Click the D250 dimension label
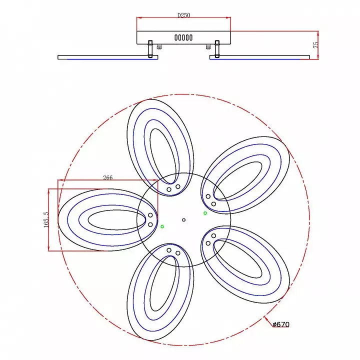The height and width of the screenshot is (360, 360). [183, 15]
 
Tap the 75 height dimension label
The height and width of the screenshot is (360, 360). [315, 45]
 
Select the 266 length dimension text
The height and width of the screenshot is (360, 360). [107, 177]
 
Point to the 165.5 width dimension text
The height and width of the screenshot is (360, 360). [46, 219]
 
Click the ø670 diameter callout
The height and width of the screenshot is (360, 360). [281, 324]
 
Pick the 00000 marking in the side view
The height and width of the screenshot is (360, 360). [183, 37]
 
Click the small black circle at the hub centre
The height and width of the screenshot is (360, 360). [183, 220]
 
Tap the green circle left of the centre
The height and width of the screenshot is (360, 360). [162, 226]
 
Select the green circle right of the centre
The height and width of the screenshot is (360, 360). [205, 213]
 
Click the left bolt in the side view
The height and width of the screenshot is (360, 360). [150, 49]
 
